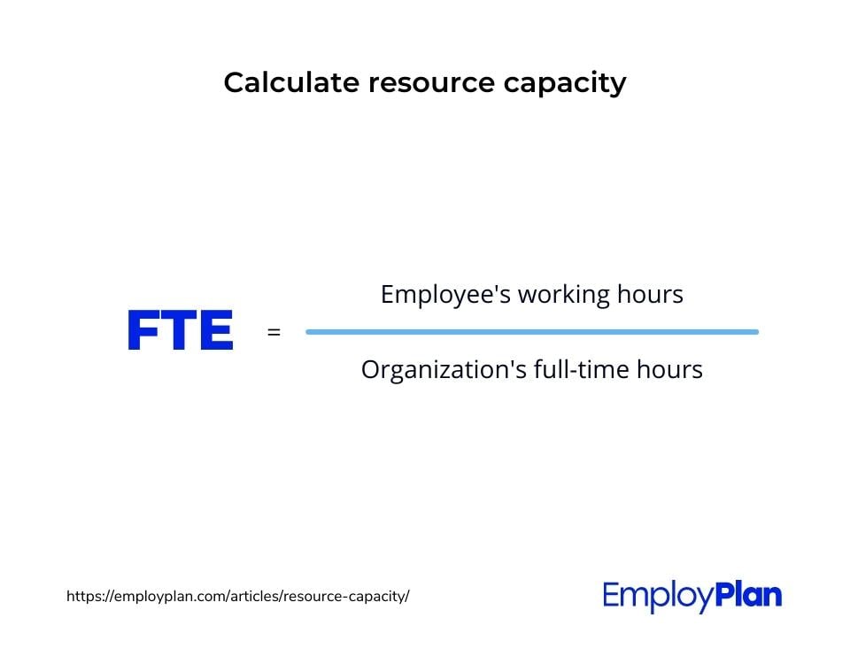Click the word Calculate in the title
[291, 82]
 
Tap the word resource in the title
[431, 83]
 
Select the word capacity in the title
[565, 85]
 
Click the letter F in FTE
[143, 329]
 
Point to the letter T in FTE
[178, 329]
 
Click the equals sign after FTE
[274, 332]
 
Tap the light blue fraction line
[532, 332]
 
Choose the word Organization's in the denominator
[444, 371]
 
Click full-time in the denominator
[581, 369]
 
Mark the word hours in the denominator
[669, 369]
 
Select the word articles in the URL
[251, 596]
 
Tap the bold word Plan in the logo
[749, 595]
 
